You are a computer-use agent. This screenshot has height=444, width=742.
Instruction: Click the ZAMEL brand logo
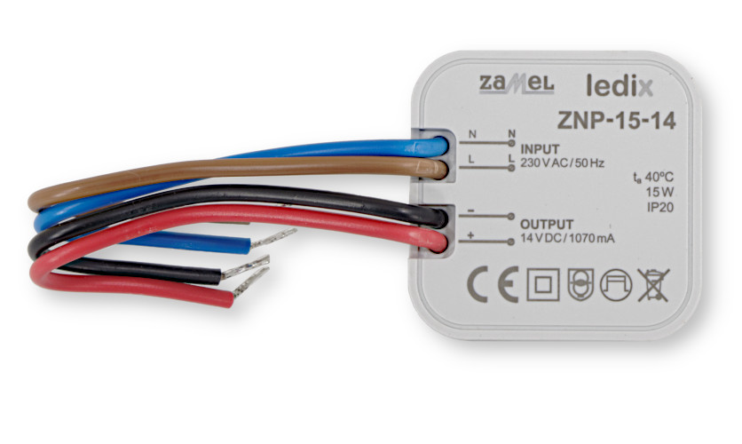pos(516,83)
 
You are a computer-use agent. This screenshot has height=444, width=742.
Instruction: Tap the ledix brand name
pos(620,86)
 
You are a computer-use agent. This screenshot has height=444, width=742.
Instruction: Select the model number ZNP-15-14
pos(616,121)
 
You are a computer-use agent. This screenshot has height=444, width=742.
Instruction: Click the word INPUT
pos(540,148)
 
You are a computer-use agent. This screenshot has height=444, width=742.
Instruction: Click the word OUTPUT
pos(546,224)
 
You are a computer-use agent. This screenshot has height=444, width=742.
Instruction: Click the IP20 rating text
pos(659,206)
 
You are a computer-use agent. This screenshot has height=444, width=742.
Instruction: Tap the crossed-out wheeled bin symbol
pos(652,284)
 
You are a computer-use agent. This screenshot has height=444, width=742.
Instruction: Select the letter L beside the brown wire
pos(471,158)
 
